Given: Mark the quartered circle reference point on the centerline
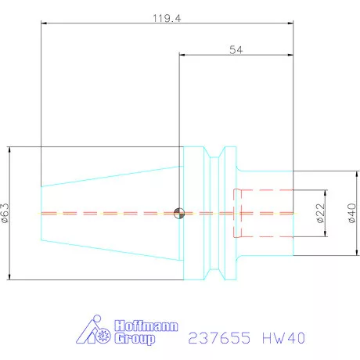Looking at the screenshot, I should (179, 213).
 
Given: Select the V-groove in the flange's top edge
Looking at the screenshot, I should (216, 153).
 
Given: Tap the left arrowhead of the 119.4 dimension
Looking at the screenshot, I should (43, 23).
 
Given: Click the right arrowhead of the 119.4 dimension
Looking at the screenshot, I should (291, 23).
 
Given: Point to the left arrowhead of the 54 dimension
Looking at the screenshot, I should (182, 56).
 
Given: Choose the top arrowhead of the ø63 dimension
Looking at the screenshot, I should (9, 149).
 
